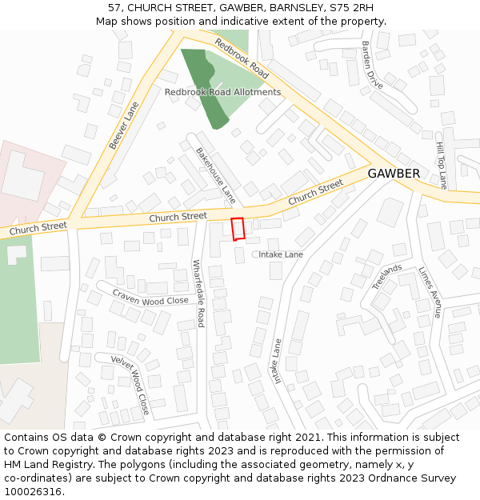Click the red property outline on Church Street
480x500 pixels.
238,229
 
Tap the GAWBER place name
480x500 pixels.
394,174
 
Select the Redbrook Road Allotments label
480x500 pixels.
222,92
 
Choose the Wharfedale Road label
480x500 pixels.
198,294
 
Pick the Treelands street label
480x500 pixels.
387,276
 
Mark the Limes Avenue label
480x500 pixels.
430,293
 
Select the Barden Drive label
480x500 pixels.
372,65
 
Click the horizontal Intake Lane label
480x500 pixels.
281,254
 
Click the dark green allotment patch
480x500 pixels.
206,84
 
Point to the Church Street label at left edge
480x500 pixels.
37,227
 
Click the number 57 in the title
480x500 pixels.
114,8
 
